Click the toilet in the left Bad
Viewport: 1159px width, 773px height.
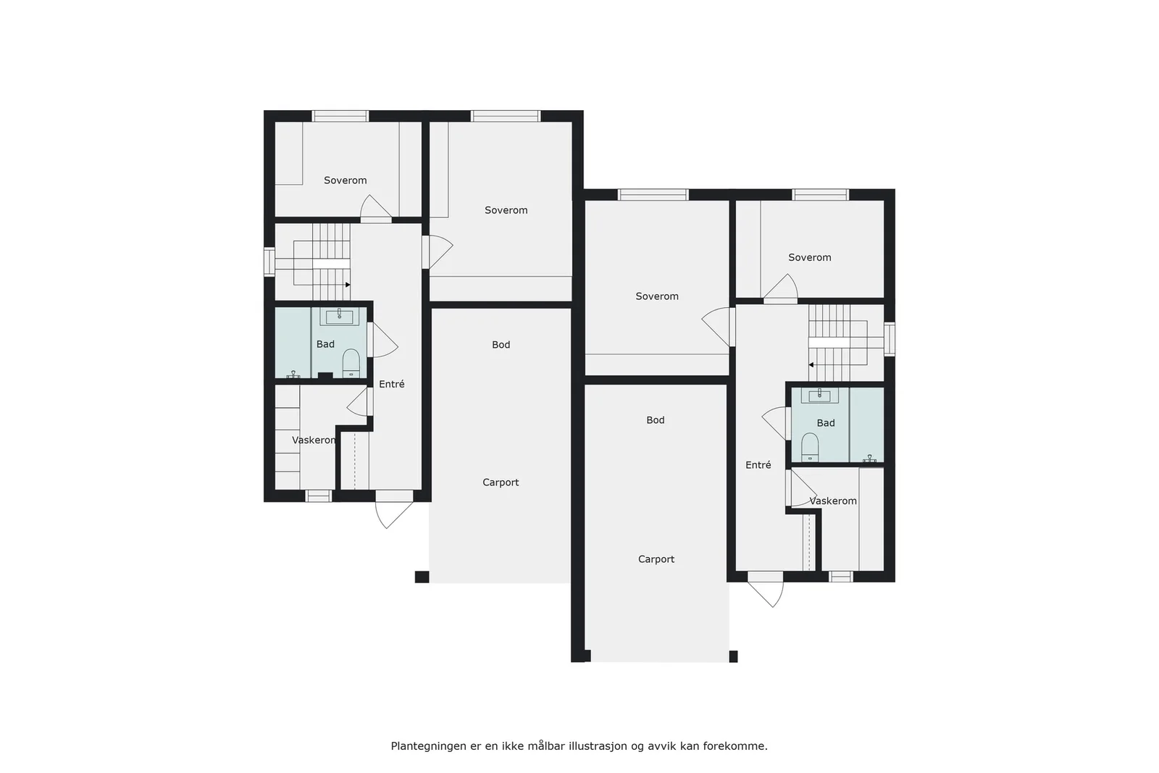tap(351, 363)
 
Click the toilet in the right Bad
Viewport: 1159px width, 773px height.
tap(810, 447)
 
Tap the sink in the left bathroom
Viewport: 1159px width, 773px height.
tap(339, 316)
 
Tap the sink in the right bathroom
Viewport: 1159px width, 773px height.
tap(820, 396)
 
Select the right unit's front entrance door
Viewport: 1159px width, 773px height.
tap(766, 588)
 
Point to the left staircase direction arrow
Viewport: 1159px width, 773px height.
tap(348, 285)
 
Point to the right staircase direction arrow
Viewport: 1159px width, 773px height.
tap(811, 365)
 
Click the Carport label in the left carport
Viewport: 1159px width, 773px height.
tap(501, 482)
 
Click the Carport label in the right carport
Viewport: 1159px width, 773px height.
tap(656, 559)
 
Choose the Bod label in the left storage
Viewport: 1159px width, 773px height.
tap(501, 345)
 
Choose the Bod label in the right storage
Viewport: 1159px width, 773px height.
tap(656, 420)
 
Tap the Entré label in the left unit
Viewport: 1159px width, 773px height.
tap(392, 384)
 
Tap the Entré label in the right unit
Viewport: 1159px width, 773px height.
tap(758, 465)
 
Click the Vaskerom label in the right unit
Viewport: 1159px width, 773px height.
tap(833, 501)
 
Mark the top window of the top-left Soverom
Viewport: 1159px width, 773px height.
tap(340, 116)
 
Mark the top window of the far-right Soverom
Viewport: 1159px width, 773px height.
tap(821, 195)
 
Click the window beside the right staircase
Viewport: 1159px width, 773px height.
tap(890, 339)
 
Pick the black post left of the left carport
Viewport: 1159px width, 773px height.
tap(422, 577)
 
